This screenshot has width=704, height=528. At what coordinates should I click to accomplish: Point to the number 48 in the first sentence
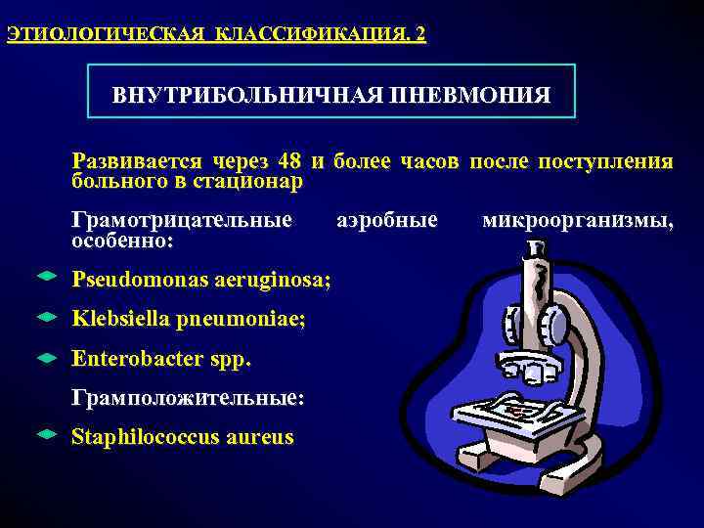[288, 161]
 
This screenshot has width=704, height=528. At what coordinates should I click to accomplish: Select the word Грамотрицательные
[182, 221]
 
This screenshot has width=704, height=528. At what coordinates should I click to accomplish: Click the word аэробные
[387, 221]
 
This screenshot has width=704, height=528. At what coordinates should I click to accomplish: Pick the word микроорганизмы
[577, 221]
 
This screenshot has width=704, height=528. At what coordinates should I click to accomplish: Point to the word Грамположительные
[188, 399]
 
